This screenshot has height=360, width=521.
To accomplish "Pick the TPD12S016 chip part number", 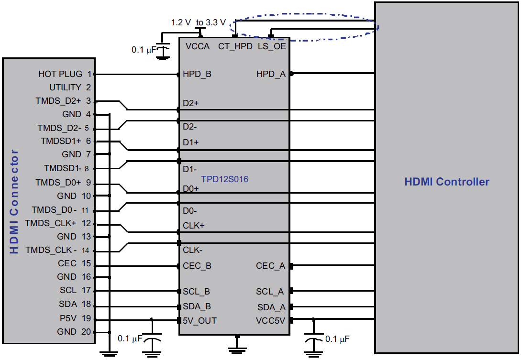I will [224, 179].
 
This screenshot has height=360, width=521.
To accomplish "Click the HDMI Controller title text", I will [447, 182].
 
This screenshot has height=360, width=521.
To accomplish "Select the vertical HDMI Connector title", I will [14, 202].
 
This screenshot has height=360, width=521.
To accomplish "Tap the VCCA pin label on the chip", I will [198, 46].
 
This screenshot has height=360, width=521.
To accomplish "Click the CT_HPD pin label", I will [235, 46].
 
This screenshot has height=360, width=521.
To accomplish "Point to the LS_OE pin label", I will [272, 46].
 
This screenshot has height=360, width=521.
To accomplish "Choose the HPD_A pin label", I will [271, 74].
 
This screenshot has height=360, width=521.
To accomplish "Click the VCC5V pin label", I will [270, 320].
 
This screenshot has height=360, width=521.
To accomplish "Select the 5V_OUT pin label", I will [200, 320].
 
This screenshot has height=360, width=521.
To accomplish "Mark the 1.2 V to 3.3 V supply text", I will [198, 22].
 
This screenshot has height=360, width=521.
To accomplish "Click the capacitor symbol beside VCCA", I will [164, 49].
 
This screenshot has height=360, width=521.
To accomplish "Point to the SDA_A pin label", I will [271, 307].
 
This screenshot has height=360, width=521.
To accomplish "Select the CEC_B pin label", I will [197, 266].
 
